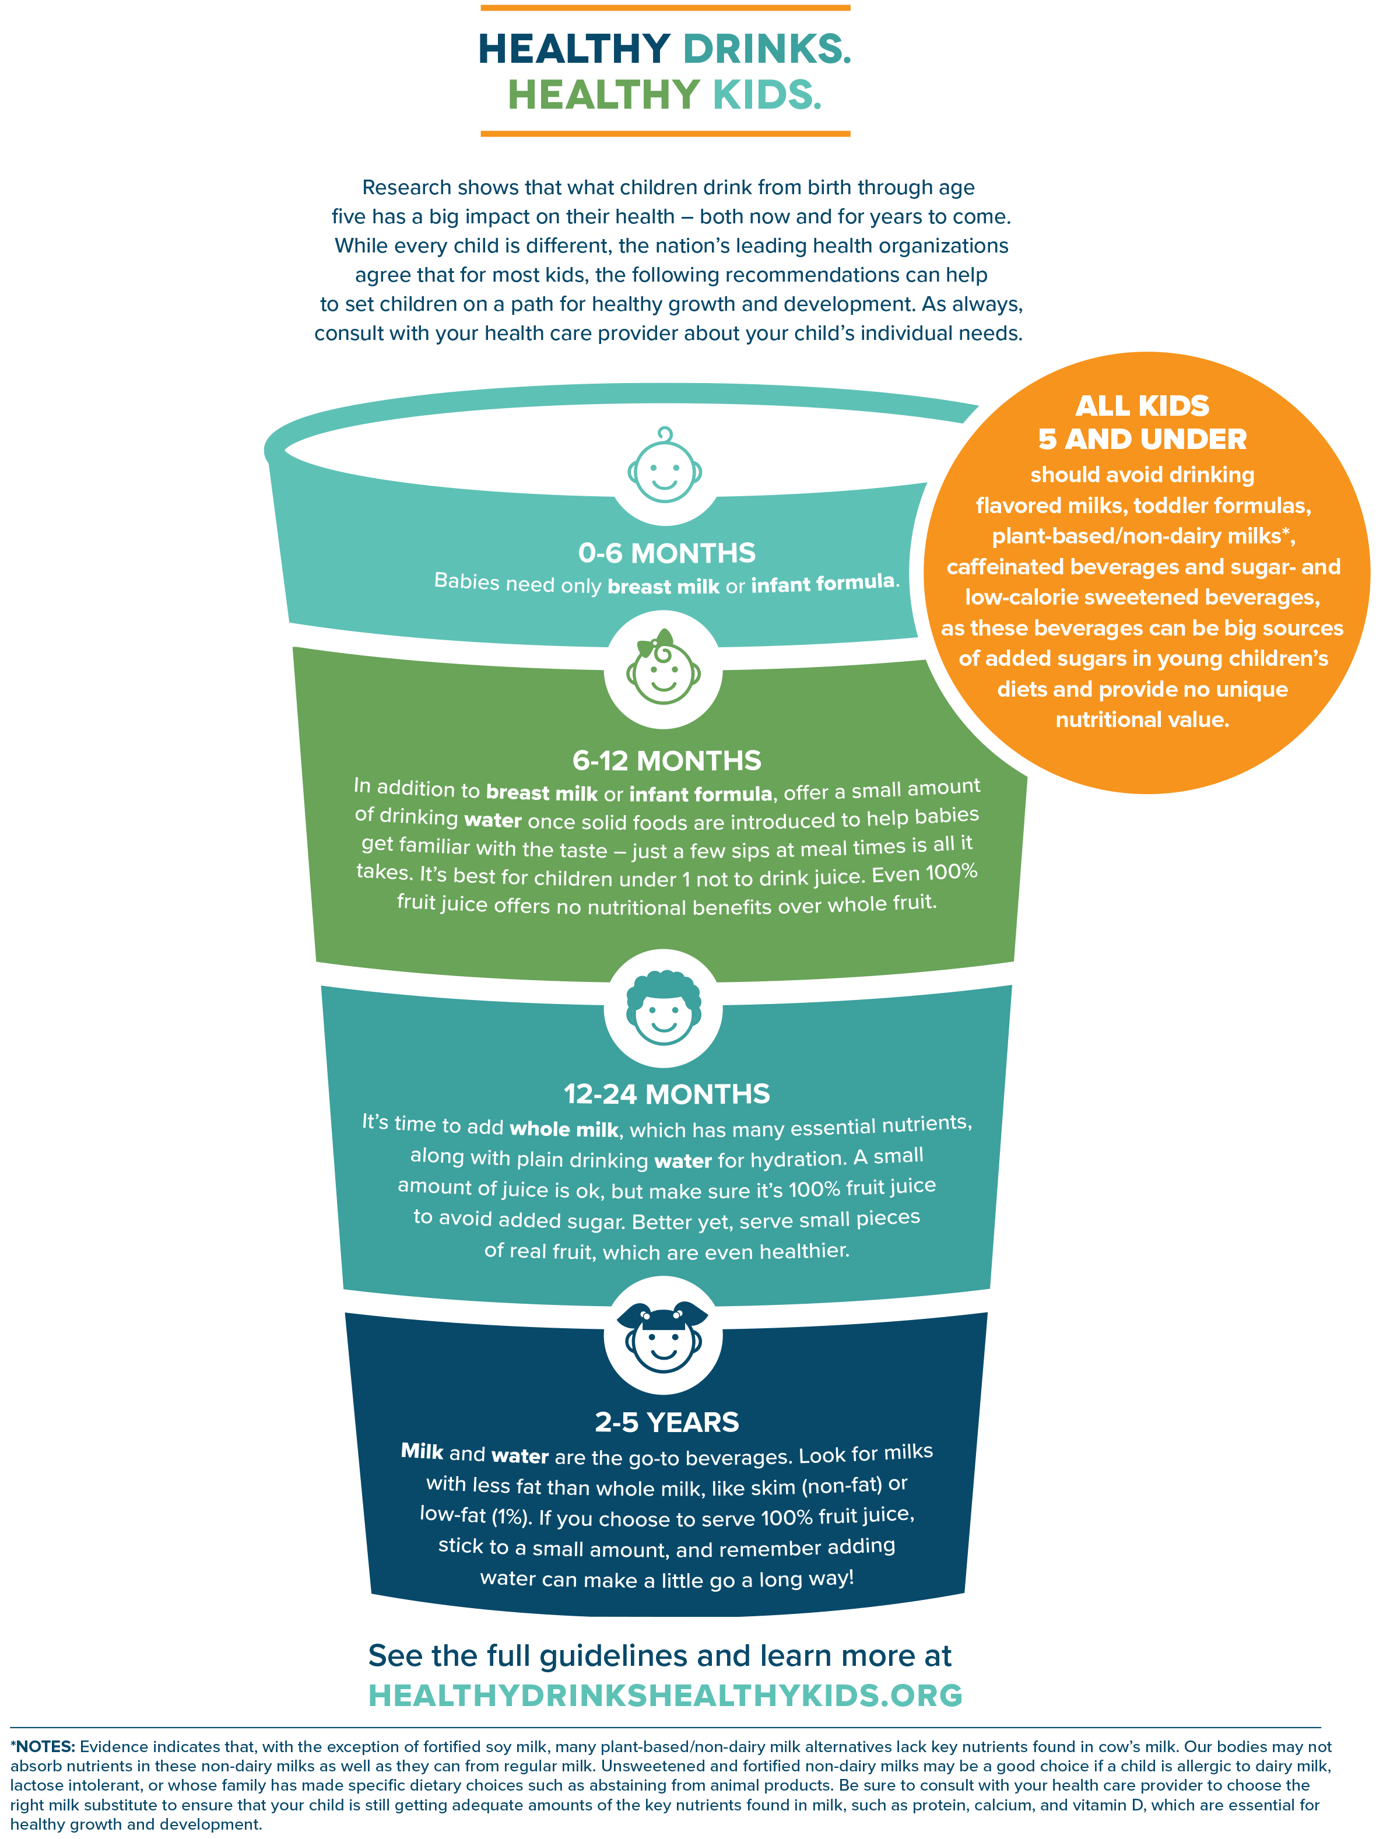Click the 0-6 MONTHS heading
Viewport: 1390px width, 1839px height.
coord(667,553)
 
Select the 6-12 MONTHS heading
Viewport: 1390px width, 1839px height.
coord(667,761)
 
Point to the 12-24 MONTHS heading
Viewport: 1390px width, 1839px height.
coord(667,1094)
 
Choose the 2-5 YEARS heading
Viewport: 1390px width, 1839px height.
coord(667,1423)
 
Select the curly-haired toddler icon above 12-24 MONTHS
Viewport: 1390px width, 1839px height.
coord(664,1008)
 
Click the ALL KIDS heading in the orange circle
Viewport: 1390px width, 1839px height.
coord(1142,406)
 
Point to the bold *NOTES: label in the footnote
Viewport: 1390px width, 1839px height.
coord(43,1747)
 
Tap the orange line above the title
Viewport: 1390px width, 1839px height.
coord(665,8)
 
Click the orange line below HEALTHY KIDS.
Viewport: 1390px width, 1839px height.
coord(665,133)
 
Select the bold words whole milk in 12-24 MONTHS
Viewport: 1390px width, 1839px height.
coord(564,1129)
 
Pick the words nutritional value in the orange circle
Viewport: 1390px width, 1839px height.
coord(1142,720)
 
